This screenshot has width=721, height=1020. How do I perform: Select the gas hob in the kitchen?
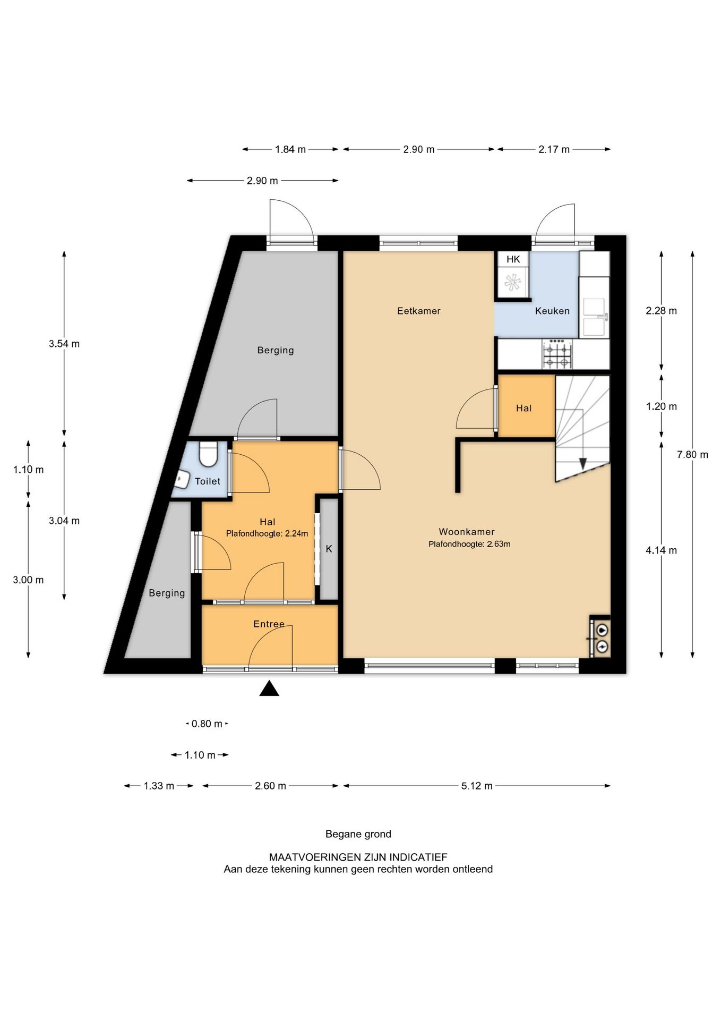[557, 354]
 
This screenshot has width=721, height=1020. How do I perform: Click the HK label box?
[513, 259]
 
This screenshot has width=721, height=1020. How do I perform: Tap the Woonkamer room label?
[467, 532]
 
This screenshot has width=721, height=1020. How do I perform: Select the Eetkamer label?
[419, 311]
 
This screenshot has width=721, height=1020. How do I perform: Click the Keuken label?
[552, 311]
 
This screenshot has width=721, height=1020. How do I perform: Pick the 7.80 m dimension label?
[692, 455]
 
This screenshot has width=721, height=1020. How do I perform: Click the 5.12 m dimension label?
[477, 786]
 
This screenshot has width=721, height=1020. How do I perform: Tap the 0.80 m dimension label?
[207, 724]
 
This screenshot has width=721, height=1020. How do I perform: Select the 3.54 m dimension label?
[64, 344]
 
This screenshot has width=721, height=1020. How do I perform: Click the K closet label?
[329, 549]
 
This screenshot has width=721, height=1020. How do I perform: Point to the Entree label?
[269, 624]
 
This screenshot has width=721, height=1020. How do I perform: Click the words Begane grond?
[358, 834]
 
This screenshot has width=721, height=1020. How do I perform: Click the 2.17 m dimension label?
[554, 149]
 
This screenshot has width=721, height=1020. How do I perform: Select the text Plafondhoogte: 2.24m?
[267, 533]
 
